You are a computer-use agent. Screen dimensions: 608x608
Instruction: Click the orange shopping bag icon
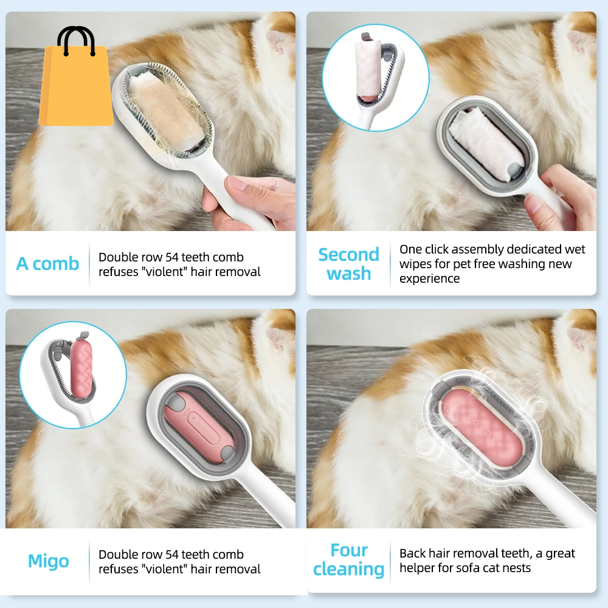(76, 86)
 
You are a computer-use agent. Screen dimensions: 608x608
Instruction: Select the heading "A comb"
(47, 264)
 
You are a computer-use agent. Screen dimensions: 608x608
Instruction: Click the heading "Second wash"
(348, 264)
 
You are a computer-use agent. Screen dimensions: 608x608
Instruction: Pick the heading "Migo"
(49, 561)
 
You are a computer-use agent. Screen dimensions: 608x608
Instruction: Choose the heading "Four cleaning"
(348, 559)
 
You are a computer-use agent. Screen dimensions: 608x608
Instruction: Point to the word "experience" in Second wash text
(429, 278)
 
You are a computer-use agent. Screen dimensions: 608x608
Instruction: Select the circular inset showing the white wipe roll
(375, 77)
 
